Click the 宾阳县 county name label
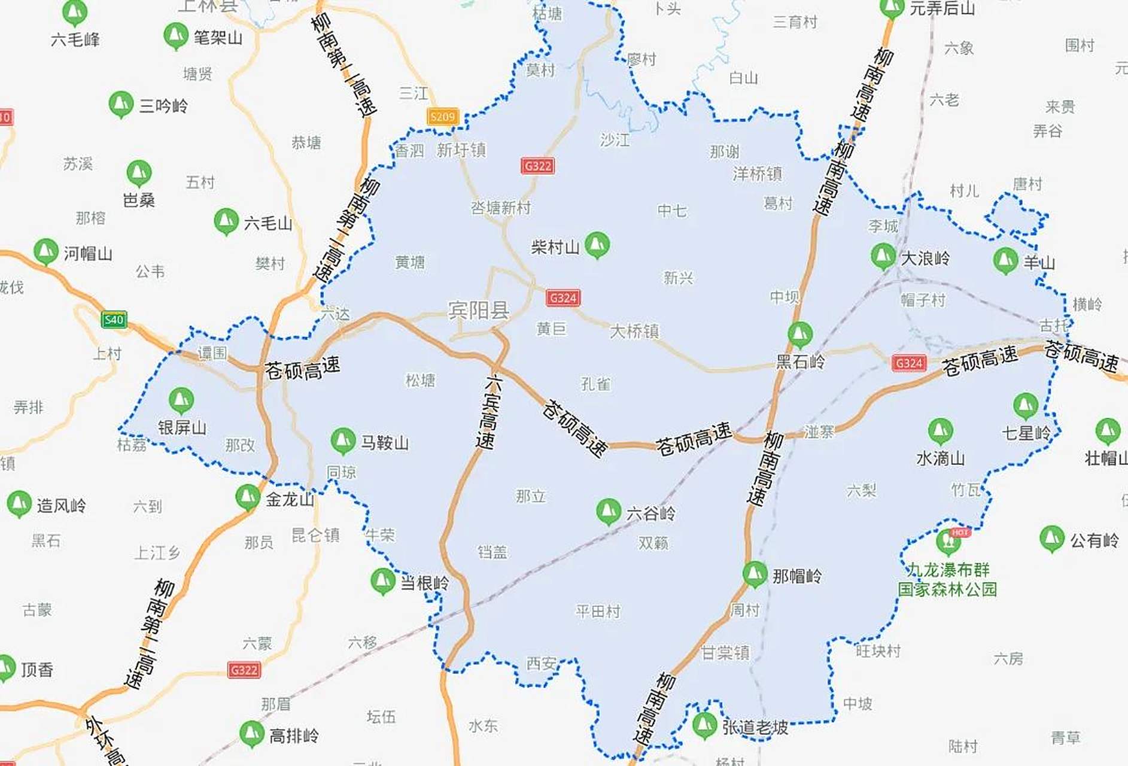tap(478, 310)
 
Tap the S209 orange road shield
tap(443, 117)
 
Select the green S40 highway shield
tap(114, 319)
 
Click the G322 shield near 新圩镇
tap(537, 166)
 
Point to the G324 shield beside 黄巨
tap(563, 297)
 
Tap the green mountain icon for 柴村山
tap(597, 244)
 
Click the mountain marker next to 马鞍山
tap(343, 440)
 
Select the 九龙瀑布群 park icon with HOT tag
tap(948, 541)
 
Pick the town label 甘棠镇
tap(725, 652)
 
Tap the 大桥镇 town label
tap(634, 331)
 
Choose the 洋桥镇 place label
tap(757, 174)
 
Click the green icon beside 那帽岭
tap(755, 574)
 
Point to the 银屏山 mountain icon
tap(181, 400)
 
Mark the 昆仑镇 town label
tap(315, 534)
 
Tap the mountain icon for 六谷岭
tap(609, 511)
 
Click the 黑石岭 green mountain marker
tap(799, 335)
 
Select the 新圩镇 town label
tap(461, 150)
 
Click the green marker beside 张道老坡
tap(704, 725)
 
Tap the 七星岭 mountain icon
tap(1025, 406)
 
